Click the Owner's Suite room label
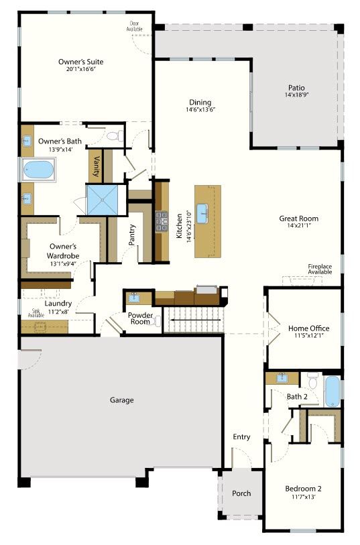tap(81, 62)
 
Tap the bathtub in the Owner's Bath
tap(39, 170)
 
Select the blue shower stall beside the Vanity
tap(102, 200)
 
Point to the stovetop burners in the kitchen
tap(162, 221)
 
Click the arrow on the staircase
tap(194, 320)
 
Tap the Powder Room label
tap(140, 318)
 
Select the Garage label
tap(121, 400)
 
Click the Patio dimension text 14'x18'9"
tap(296, 95)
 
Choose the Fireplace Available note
tap(320, 269)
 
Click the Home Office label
tap(308, 328)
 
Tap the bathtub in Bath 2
tap(333, 391)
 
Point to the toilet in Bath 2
tap(313, 380)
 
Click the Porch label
tap(241, 493)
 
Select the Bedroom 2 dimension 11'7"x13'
tap(304, 497)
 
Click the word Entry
tap(241, 437)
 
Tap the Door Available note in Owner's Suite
tap(134, 26)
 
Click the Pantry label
tap(131, 235)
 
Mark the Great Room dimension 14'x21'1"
tap(298, 225)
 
